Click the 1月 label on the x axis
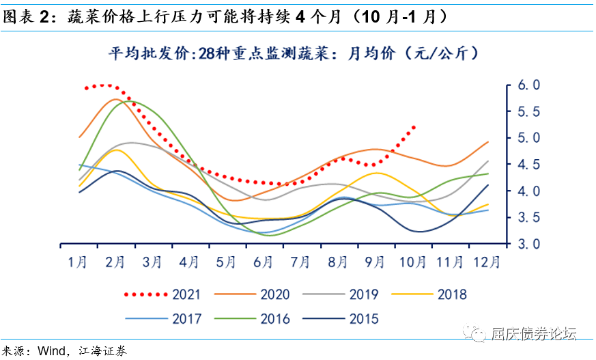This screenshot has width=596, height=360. [77, 261]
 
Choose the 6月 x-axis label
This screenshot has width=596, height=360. [263, 261]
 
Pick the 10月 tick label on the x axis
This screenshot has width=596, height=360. [412, 261]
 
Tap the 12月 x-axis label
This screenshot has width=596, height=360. [487, 261]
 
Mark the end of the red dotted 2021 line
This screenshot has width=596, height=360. [414, 127]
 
